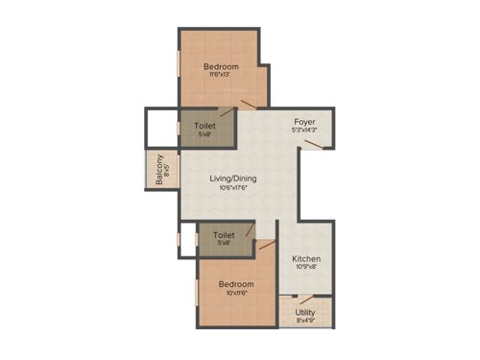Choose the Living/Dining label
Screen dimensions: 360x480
click(x=233, y=178)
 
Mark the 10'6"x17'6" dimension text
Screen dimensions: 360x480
click(x=233, y=188)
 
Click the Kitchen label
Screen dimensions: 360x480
click(x=306, y=259)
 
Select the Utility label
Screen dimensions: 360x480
click(x=305, y=313)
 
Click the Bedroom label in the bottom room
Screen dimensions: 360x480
click(x=235, y=285)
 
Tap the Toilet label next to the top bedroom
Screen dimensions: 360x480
click(x=204, y=126)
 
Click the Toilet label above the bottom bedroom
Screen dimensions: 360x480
click(x=224, y=234)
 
